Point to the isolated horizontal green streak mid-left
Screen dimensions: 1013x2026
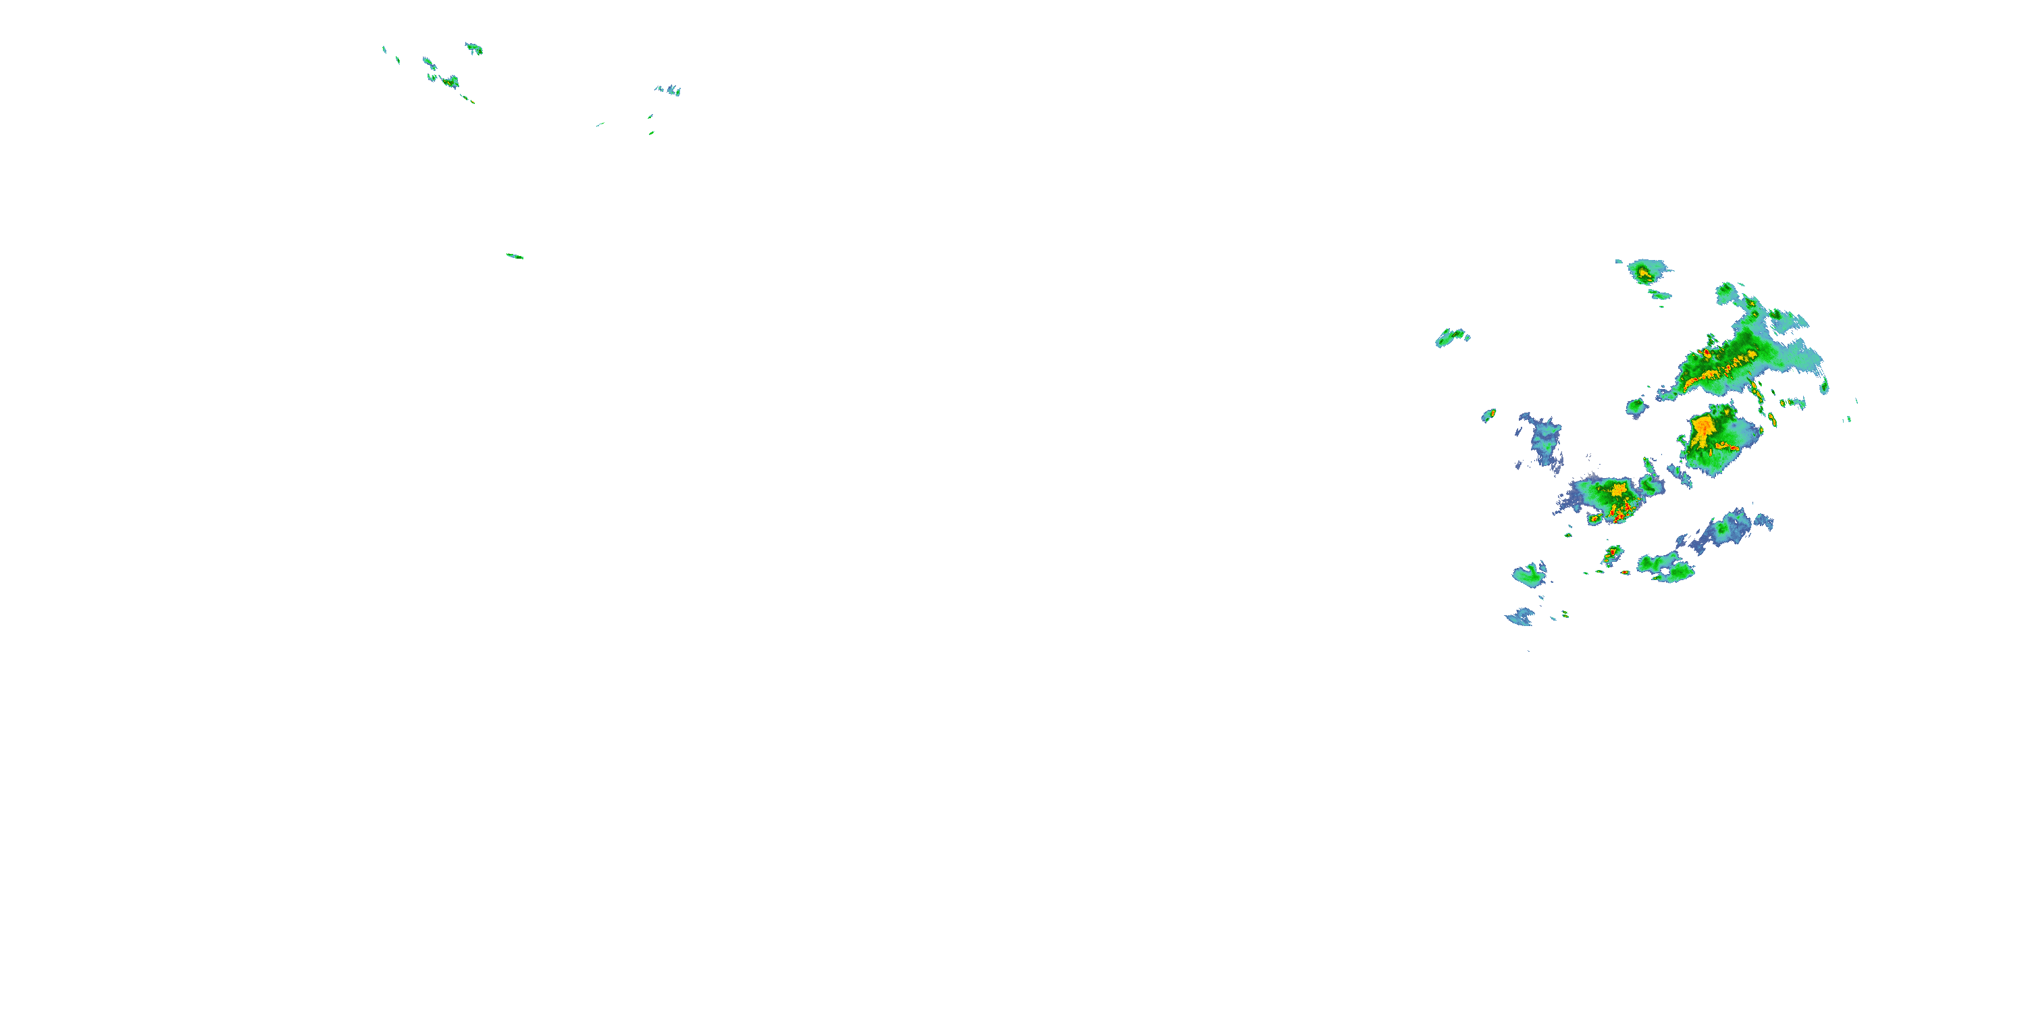(x=515, y=255)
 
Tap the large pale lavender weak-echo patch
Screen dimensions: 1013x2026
(x=1542, y=445)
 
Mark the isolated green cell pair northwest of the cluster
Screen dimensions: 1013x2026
(x=1451, y=338)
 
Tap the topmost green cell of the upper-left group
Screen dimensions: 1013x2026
(x=473, y=49)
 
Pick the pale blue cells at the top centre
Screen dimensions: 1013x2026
(x=669, y=90)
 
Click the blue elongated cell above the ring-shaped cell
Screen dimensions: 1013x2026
(x=1726, y=529)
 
